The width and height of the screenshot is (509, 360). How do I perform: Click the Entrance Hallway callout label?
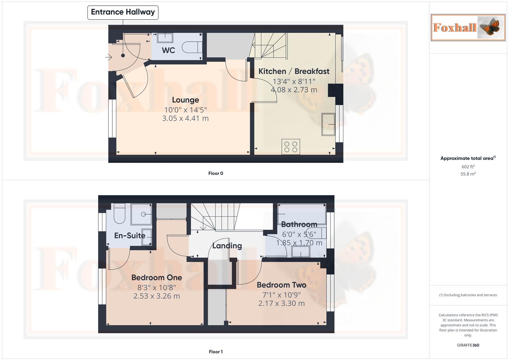tap(123, 12)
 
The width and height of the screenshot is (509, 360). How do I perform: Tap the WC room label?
tap(168, 50)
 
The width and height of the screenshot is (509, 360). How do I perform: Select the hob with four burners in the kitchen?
tap(291, 147)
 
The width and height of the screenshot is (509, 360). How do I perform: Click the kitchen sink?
tap(328, 124)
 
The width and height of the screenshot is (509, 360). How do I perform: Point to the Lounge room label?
tap(185, 100)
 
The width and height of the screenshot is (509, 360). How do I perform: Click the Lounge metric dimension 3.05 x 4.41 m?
tap(185, 118)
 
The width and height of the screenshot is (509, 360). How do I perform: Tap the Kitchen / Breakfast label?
tap(294, 71)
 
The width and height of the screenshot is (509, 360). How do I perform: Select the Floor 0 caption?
tap(216, 173)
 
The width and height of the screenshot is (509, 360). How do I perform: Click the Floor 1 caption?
tap(216, 352)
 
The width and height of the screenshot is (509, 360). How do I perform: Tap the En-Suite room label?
tap(130, 236)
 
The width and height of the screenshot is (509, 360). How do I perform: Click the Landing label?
tap(227, 246)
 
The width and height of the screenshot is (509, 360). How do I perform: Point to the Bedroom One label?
tap(156, 278)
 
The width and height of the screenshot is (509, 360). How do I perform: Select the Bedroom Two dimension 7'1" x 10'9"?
tap(281, 295)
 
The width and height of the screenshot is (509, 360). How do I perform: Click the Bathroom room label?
tap(299, 224)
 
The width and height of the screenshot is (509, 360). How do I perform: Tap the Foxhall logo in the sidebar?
tap(468, 27)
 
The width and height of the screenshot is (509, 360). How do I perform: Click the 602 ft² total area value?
tap(468, 167)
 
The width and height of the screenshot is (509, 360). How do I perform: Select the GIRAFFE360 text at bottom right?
tap(468, 345)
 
